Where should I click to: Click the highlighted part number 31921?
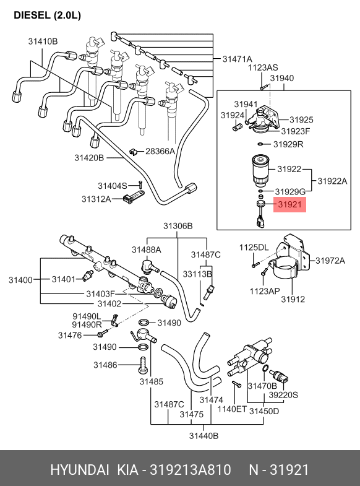(289, 204)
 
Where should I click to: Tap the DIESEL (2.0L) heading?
(48, 15)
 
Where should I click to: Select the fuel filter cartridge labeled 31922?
(261, 171)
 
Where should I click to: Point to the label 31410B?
(43, 41)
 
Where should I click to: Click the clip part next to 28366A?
(134, 152)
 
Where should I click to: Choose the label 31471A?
(238, 59)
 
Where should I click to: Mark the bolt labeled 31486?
(143, 366)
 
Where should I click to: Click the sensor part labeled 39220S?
(278, 376)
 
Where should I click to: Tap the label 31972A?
(330, 261)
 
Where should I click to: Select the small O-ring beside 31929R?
(260, 144)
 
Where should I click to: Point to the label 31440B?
(204, 436)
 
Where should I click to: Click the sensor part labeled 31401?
(88, 276)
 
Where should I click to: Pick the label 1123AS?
(263, 67)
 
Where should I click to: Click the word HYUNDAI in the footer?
(80, 470)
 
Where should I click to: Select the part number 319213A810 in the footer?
(191, 470)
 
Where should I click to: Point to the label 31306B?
(178, 226)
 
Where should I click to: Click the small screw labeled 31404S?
(140, 184)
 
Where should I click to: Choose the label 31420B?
(89, 158)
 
